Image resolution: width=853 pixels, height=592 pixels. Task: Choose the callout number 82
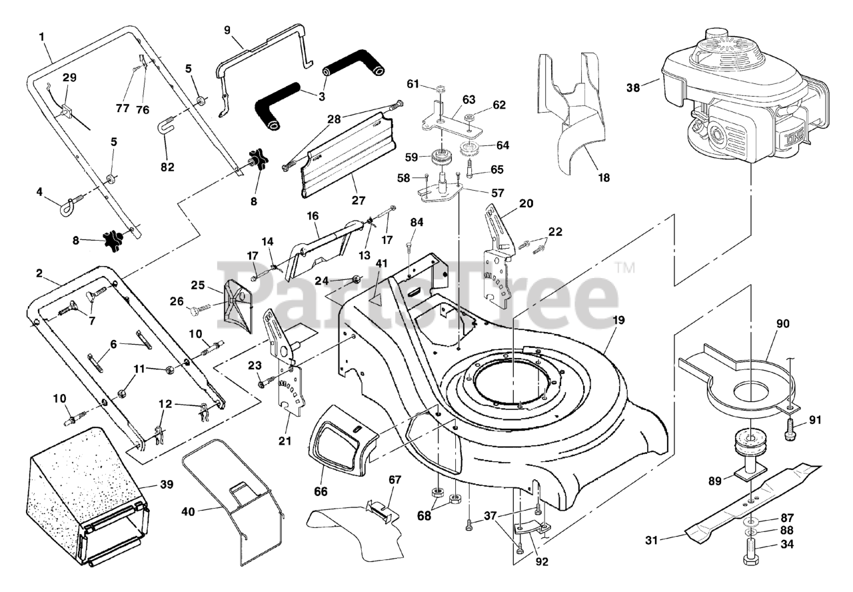click(167, 167)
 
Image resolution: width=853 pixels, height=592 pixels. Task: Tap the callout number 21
click(287, 441)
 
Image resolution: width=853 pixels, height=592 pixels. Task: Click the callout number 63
click(468, 100)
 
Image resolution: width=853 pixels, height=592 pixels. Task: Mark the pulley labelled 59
click(439, 159)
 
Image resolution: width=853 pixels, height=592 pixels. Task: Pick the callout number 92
click(541, 561)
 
